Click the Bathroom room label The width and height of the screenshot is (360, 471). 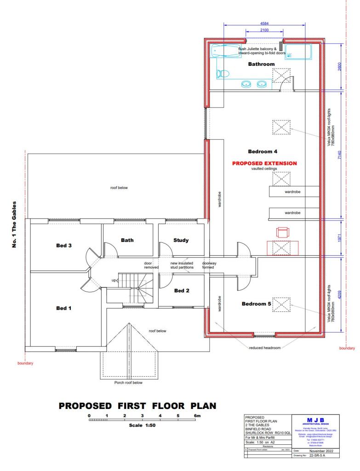click(x=261, y=64)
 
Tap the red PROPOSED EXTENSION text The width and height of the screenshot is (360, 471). click(x=264, y=163)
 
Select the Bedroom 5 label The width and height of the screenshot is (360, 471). click(x=256, y=304)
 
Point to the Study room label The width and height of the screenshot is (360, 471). click(x=181, y=240)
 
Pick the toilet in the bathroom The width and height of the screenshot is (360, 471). click(x=223, y=73)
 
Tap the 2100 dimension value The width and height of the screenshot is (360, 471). click(x=264, y=30)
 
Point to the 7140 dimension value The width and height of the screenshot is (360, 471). click(x=339, y=155)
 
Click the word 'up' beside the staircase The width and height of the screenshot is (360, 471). click(x=114, y=280)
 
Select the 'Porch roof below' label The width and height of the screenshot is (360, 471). click(x=128, y=382)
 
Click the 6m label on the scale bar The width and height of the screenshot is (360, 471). click(x=197, y=415)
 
